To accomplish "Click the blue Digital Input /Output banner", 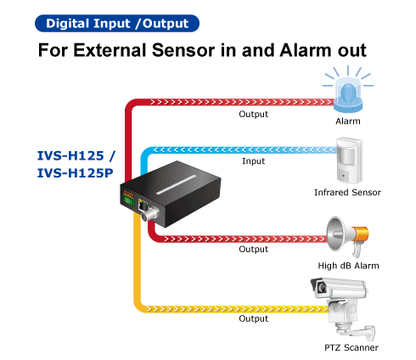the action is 117,24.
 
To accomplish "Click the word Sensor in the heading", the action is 183,50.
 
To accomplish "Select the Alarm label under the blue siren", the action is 348,121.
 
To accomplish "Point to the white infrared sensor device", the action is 349,160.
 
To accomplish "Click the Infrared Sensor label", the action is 347,193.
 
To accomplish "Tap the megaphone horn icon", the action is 347,236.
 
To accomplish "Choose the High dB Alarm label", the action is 348,266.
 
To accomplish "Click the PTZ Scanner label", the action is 351,347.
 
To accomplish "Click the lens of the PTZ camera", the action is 322,288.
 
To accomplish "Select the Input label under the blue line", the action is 253,161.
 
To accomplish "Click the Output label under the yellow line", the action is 253,318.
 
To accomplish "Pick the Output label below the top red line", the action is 253,114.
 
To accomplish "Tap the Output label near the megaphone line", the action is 253,249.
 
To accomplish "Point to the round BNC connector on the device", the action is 150,214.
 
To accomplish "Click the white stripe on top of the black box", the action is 177,184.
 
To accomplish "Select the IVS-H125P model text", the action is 76,173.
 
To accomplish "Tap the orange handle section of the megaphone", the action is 360,233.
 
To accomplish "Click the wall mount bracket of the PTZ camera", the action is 358,332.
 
